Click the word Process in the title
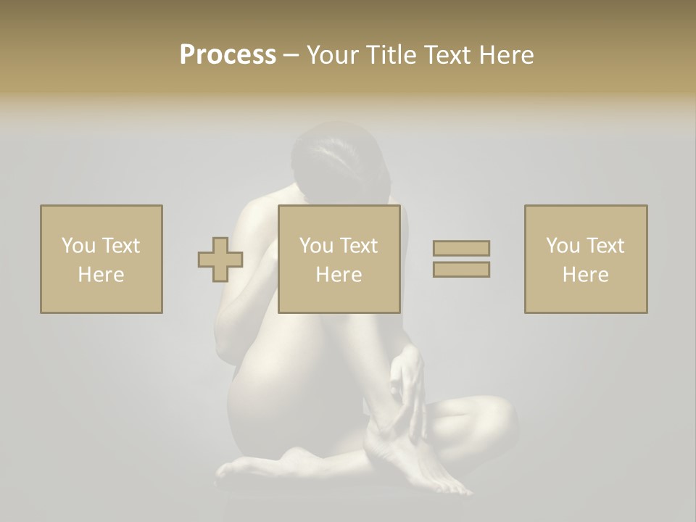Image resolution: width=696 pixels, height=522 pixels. point(228,55)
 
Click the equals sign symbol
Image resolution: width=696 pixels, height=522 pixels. point(461,259)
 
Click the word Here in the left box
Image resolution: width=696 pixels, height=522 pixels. point(101,275)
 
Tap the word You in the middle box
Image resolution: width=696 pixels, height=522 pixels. point(316,246)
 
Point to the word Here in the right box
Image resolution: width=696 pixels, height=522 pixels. point(586,275)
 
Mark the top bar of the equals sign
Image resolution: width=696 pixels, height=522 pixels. point(461,249)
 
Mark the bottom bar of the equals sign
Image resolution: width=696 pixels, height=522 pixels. point(461,270)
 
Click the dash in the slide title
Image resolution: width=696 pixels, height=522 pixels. point(291,55)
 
